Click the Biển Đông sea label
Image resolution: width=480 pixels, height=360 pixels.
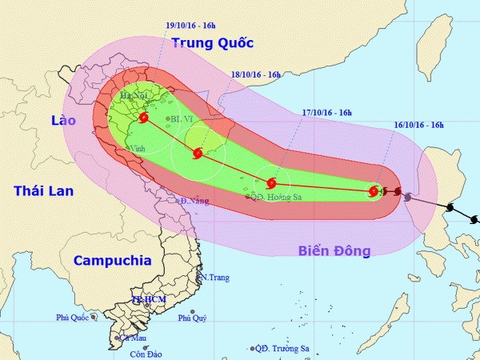click(334, 251)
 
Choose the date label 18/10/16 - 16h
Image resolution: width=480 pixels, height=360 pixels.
click(255, 74)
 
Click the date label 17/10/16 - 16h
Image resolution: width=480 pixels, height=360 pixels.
click(325, 112)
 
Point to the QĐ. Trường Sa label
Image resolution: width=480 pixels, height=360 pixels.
click(283, 349)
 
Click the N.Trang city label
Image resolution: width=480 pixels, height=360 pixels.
click(214, 278)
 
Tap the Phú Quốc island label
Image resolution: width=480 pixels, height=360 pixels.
click(73, 317)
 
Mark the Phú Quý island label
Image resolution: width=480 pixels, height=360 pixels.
click(192, 318)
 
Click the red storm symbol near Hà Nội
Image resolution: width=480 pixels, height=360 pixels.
click(143, 118)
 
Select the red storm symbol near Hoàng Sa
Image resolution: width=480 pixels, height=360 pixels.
click(271, 182)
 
